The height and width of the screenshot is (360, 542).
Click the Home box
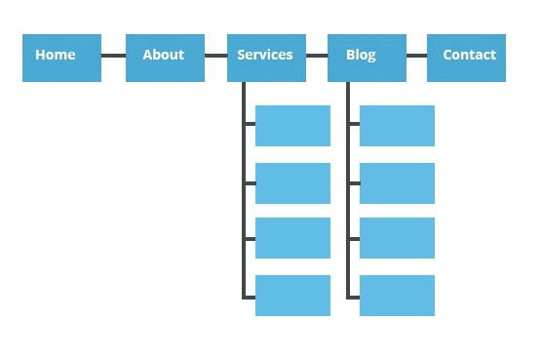(61, 58)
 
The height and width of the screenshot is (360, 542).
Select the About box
(165, 58)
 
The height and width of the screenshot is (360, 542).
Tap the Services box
(266, 58)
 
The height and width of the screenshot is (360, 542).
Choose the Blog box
(367, 58)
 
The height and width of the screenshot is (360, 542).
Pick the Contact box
(466, 58)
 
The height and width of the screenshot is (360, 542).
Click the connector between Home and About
(113, 56)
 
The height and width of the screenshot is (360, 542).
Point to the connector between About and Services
(215, 56)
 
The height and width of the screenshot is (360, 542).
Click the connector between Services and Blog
(317, 56)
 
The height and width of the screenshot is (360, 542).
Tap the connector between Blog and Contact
(416, 56)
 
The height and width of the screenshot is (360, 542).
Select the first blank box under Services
(292, 126)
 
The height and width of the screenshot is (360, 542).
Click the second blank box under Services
(292, 183)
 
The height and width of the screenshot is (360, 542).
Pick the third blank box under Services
(292, 238)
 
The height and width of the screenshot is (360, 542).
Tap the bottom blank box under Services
(292, 296)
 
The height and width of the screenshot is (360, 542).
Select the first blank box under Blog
(397, 126)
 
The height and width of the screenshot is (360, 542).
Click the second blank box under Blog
(397, 183)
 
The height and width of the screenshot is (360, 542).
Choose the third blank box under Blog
(397, 238)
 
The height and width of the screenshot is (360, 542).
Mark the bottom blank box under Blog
(397, 296)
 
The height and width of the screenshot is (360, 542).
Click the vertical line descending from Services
(244, 210)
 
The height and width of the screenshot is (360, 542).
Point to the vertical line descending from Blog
(348, 210)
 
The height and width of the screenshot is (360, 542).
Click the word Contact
(469, 55)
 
